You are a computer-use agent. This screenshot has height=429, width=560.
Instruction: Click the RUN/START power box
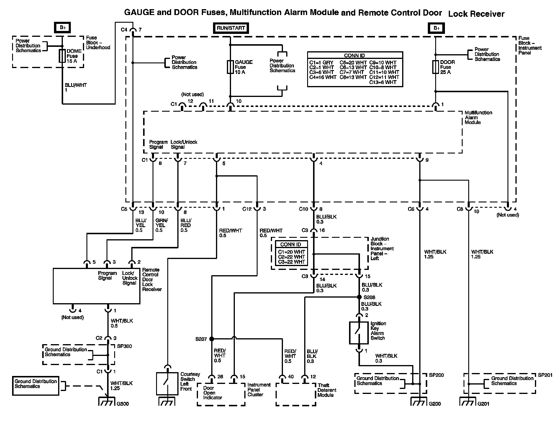231,28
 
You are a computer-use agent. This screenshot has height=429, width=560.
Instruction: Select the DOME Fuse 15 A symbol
62,56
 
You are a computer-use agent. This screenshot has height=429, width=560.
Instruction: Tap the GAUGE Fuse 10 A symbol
230,67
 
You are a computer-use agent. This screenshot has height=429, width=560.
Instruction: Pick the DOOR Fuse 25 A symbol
435,67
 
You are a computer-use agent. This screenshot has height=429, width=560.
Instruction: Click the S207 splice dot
212,339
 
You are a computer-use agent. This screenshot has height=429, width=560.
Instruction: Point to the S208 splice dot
359,297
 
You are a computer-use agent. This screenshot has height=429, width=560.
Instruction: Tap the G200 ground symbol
419,401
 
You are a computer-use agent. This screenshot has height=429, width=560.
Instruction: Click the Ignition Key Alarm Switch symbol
359,333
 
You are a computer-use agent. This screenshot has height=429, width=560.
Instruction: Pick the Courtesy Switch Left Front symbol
167,384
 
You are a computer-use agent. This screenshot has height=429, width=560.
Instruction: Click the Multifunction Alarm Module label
478,118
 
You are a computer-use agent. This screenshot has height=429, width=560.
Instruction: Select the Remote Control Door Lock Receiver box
96,286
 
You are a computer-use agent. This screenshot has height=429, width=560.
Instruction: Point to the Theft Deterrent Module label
327,390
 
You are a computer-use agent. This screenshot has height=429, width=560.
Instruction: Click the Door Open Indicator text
212,393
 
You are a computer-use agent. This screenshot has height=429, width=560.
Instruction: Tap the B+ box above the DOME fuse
62,27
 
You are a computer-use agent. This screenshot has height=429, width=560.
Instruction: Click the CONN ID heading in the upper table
354,55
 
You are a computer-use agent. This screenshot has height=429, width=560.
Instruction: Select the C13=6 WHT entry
383,82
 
